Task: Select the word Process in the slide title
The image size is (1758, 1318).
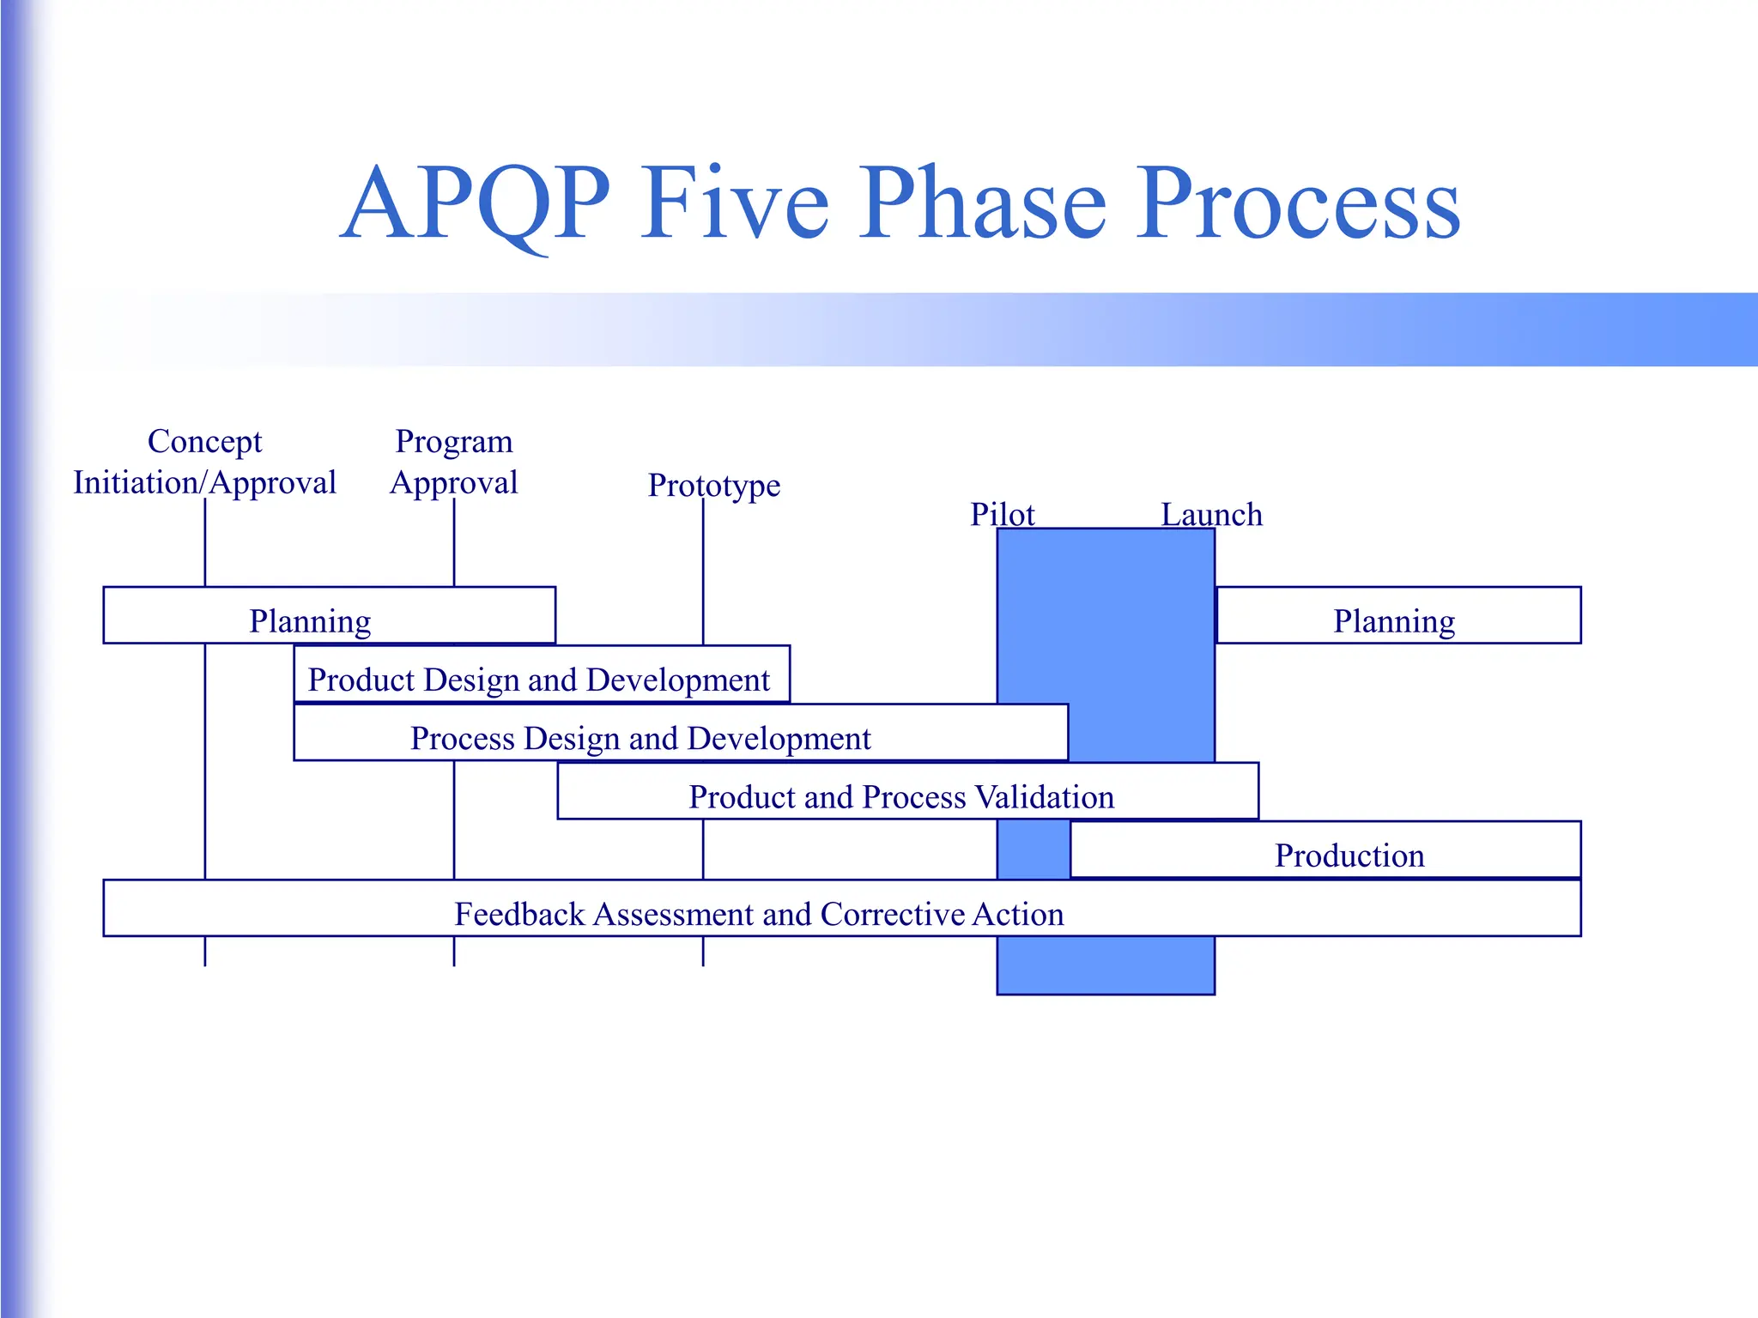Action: click(1299, 204)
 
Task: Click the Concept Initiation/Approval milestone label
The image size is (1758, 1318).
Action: click(204, 463)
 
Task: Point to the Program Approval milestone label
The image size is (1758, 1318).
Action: click(454, 463)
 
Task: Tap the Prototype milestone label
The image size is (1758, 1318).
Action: click(713, 485)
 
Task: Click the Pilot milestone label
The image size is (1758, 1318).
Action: click(1002, 514)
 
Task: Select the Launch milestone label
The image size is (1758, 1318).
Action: click(1211, 514)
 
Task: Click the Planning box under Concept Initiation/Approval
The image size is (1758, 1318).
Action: click(329, 615)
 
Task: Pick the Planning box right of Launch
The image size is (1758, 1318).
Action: click(1398, 615)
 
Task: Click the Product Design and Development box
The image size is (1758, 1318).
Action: click(541, 674)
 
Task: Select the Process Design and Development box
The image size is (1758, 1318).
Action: click(680, 733)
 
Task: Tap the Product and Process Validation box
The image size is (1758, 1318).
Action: click(907, 791)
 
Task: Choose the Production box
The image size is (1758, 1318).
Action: click(1325, 850)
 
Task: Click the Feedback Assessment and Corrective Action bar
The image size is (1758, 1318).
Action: click(841, 909)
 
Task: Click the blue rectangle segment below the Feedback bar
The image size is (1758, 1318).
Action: click(1106, 965)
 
